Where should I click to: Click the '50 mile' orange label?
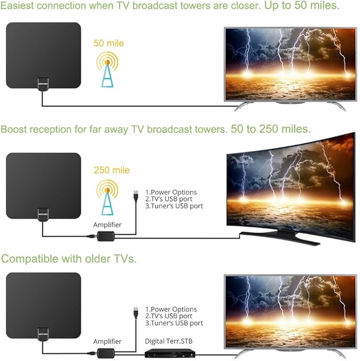click(x=109, y=43)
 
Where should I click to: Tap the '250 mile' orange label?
click(x=111, y=170)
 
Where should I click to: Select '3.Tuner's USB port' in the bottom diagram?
click(x=174, y=323)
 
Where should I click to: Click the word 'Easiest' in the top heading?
click(x=22, y=6)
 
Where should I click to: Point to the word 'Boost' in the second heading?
click(x=14, y=129)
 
